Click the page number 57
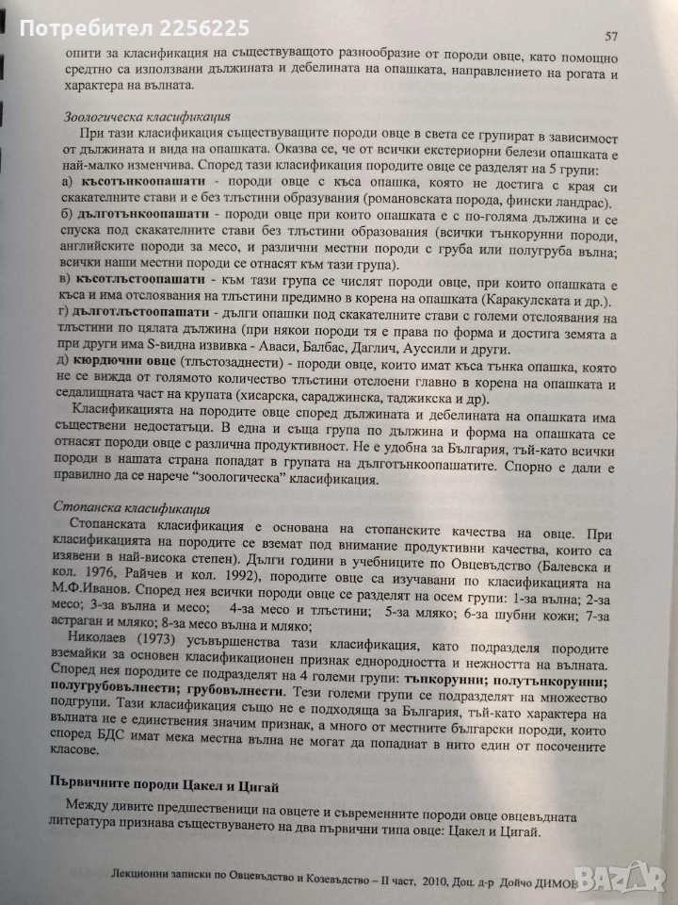pyautogui.click(x=611, y=37)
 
